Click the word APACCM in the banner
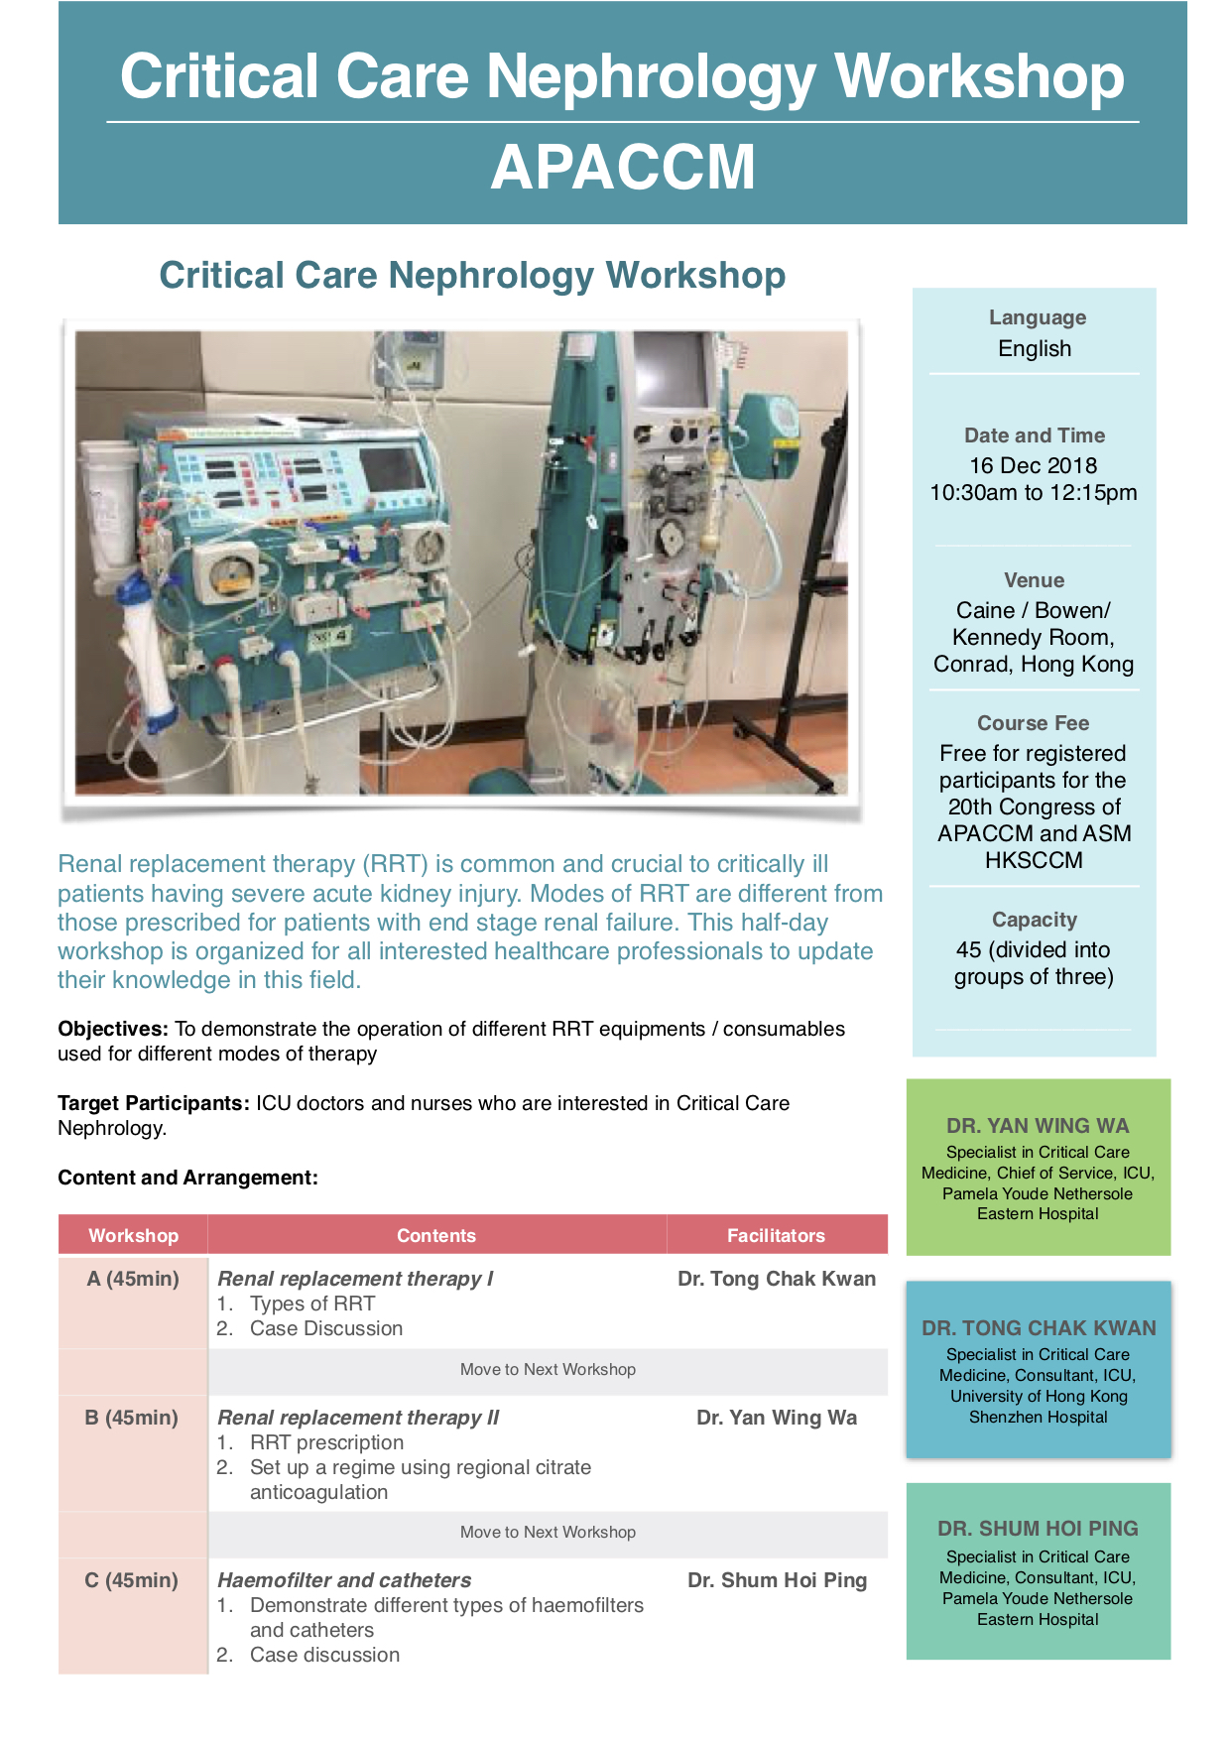[x=623, y=167]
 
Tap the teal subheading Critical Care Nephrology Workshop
[x=472, y=276]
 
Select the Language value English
[x=1035, y=349]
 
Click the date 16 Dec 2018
[x=1034, y=466]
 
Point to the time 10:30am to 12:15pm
[x=1034, y=493]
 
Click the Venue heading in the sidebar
[x=1034, y=580]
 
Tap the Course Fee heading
[x=1034, y=723]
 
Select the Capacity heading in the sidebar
[x=1035, y=920]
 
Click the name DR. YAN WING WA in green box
[x=1038, y=1126]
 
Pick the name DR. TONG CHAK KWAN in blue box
[x=1039, y=1328]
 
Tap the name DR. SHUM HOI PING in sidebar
[x=1038, y=1529]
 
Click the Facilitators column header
[x=776, y=1236]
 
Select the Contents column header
[x=436, y=1236]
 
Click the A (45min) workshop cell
[x=133, y=1279]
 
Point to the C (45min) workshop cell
[x=132, y=1580]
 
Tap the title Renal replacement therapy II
[x=358, y=1418]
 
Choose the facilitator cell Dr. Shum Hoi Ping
[x=778, y=1580]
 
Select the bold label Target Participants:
[x=154, y=1104]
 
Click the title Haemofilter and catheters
[x=344, y=1580]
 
